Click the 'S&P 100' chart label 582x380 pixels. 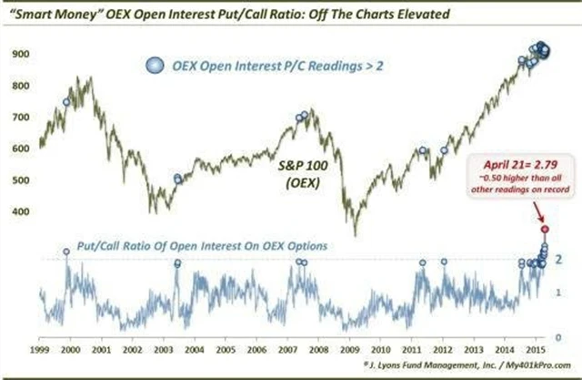[x=296, y=169]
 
